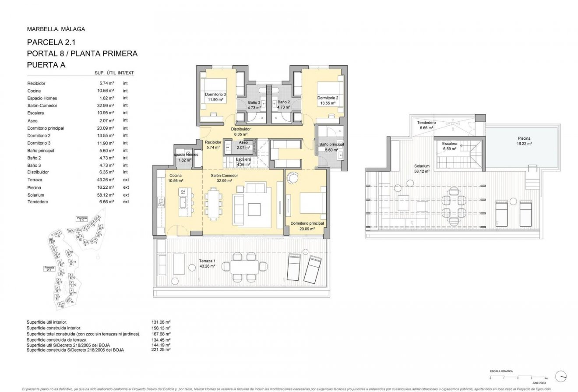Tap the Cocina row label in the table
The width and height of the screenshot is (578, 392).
[34, 91]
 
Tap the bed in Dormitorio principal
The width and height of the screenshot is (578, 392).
[312, 205]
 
